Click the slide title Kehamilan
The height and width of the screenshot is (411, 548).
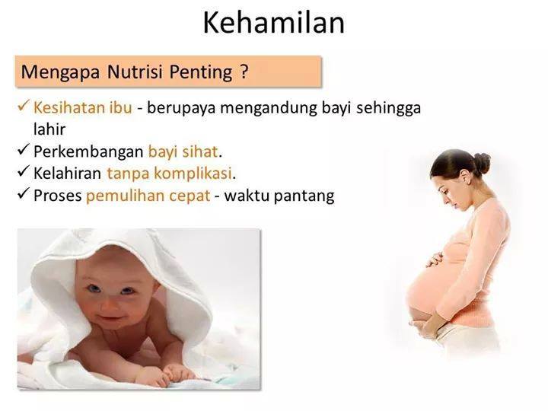tap(274, 23)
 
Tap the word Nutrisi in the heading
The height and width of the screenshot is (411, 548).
tap(135, 72)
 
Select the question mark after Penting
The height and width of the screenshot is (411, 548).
tap(244, 72)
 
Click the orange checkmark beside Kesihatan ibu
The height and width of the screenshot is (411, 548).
tap(23, 106)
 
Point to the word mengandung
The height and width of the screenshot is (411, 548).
tap(269, 108)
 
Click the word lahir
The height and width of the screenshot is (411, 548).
tap(49, 129)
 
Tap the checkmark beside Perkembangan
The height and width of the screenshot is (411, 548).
tap(23, 150)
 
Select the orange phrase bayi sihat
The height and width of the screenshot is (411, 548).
tap(183, 152)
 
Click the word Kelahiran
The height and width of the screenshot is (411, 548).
tap(67, 173)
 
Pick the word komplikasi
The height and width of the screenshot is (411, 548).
tap(193, 174)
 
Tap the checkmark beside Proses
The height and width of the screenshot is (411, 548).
tap(23, 193)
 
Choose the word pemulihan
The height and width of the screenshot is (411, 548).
tap(126, 196)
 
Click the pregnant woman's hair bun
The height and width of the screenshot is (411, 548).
tap(482, 162)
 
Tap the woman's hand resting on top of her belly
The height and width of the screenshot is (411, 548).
tap(435, 259)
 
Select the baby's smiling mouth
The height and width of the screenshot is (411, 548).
tap(110, 319)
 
